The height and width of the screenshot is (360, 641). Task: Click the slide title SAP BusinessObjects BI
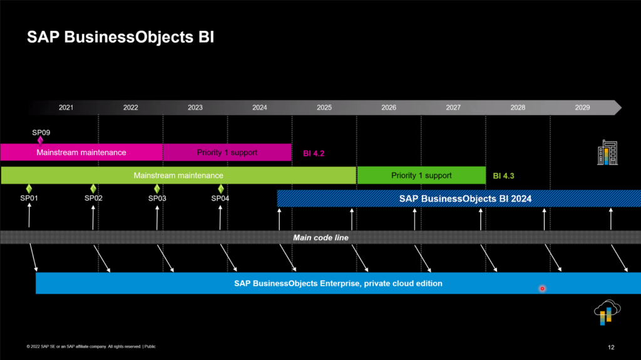pos(120,38)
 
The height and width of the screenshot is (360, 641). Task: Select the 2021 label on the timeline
pos(66,108)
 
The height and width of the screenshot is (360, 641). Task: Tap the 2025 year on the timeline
pos(324,108)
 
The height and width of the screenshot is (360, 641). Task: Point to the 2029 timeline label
pos(582,108)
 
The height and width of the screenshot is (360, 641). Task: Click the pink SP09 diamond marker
pos(40,140)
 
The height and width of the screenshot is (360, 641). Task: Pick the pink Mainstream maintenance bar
pos(81,152)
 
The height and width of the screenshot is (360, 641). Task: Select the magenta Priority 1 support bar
pos(227,152)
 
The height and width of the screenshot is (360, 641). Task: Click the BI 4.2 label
pos(314,153)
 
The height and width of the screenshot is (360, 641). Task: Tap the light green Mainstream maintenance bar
pos(178,175)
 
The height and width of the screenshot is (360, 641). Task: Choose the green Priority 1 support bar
pos(421,175)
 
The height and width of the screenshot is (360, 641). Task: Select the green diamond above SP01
pos(29,188)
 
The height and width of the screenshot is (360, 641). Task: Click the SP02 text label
pos(93,198)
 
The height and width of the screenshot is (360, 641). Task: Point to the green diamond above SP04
pos(220,188)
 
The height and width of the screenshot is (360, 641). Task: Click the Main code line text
pos(320,238)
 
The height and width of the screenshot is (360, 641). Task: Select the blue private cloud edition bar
pos(338,283)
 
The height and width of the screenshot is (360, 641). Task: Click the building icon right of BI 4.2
pos(607,153)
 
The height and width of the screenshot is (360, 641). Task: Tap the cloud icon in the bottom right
pos(606,312)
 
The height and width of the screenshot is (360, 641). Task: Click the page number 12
pos(611,347)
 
